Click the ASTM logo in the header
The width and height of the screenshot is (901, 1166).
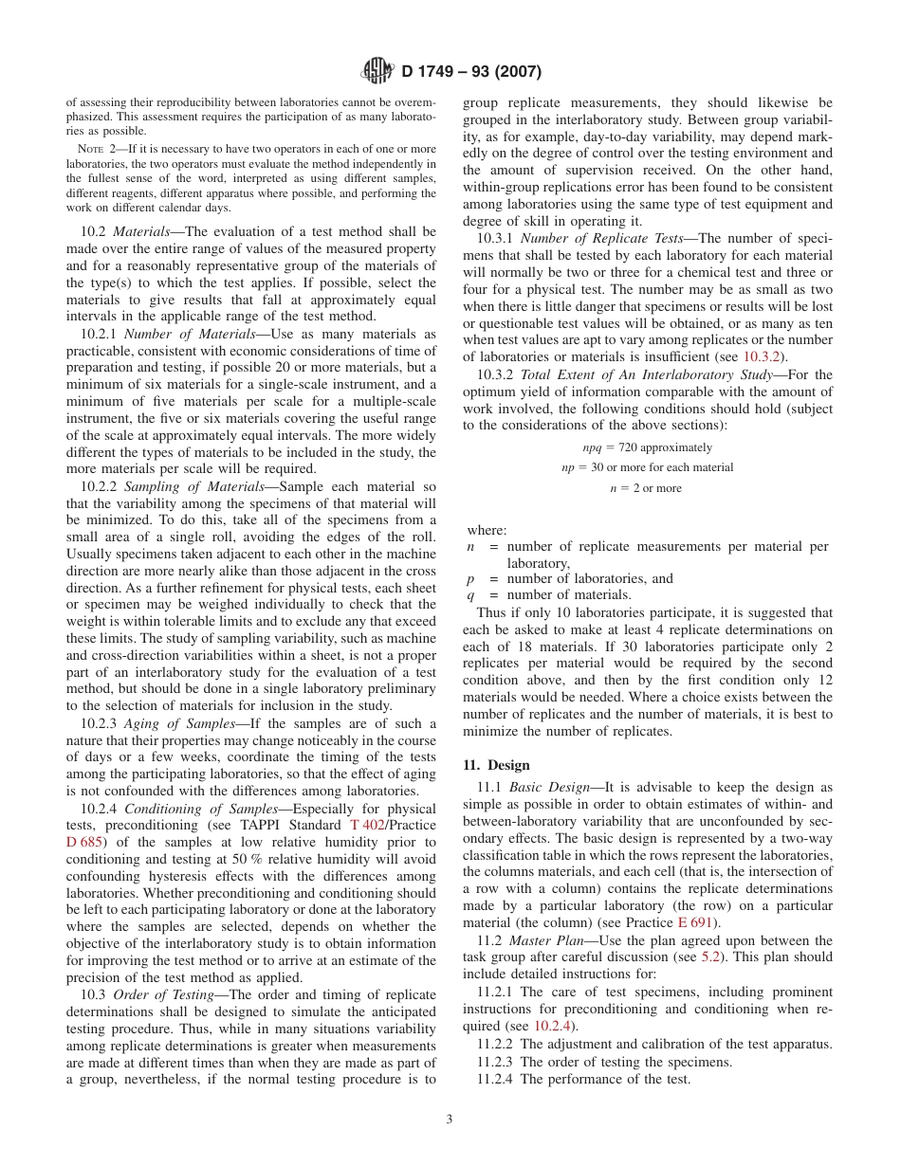point(377,71)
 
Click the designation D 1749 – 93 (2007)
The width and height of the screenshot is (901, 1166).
point(471,72)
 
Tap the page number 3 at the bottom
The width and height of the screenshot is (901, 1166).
point(450,1119)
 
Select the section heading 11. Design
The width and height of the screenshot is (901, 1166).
point(496,765)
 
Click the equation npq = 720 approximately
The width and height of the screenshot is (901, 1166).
point(647,447)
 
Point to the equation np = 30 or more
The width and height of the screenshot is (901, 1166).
point(647,467)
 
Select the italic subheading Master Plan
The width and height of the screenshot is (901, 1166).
point(542,940)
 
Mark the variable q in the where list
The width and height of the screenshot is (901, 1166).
point(470,595)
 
